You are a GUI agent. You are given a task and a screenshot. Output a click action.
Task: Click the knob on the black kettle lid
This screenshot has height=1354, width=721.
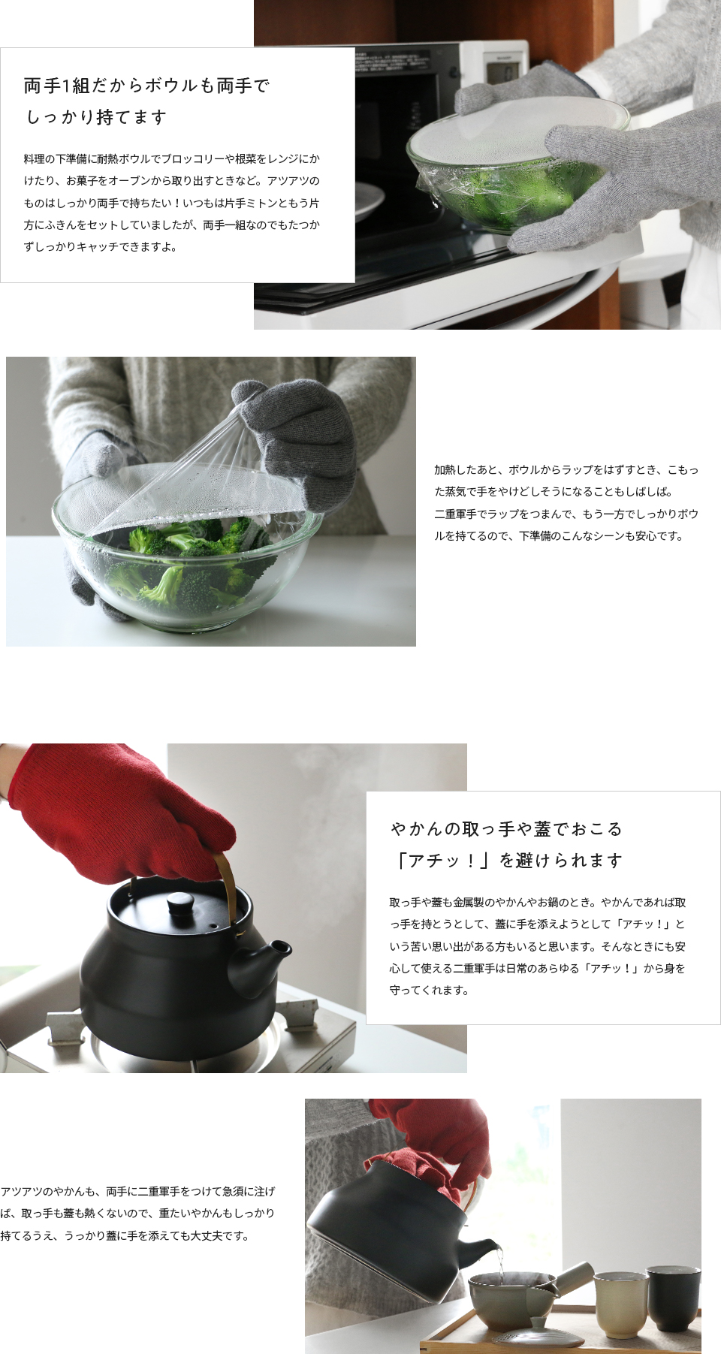tap(181, 903)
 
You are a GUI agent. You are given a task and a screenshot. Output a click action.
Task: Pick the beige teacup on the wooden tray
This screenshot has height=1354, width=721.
tap(620, 1304)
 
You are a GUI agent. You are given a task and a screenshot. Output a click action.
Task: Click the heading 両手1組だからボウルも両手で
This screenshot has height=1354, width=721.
tap(146, 86)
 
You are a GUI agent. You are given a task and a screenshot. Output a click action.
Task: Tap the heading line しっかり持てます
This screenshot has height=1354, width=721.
tap(96, 117)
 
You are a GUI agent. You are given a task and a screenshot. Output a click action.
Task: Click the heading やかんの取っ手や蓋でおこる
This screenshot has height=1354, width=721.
tap(506, 829)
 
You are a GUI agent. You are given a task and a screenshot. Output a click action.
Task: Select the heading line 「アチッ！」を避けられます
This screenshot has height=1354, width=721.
tap(508, 861)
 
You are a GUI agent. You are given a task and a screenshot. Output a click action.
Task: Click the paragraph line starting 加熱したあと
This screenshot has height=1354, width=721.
tap(566, 470)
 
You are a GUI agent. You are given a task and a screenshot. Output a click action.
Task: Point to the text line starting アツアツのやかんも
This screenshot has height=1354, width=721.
tap(138, 1191)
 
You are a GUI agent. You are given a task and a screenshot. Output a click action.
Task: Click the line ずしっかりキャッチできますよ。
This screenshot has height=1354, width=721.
tap(100, 247)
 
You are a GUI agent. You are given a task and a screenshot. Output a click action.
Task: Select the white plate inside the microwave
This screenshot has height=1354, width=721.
tap(370, 201)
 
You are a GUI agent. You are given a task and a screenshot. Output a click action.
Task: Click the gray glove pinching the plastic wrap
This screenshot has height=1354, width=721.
tap(297, 432)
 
